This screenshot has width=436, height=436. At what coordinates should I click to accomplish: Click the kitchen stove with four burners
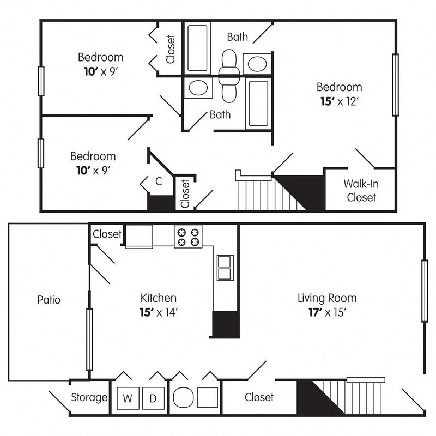coord(188,236)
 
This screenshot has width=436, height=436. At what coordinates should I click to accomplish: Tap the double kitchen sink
coord(224,267)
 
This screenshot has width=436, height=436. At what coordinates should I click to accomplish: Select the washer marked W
coord(127,398)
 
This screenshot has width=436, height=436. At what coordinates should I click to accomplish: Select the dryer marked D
coord(153,398)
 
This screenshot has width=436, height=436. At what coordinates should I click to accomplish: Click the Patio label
coord(49,299)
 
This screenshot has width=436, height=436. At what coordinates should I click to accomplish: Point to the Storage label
coord(89,397)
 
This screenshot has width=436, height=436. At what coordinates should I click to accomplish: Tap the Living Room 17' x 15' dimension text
coord(327,312)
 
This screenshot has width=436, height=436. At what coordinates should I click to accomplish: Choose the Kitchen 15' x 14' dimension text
coord(159,312)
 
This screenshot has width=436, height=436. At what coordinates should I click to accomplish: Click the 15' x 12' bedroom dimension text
coord(340,101)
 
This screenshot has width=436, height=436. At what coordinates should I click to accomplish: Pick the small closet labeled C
coord(158,181)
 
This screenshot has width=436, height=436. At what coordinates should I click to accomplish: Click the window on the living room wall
coord(423,292)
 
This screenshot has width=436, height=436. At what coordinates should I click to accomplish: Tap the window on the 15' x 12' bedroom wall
coord(396,84)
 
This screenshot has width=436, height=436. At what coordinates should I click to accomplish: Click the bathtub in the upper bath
coord(197,47)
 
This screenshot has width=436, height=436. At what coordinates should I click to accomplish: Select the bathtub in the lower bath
coord(258,103)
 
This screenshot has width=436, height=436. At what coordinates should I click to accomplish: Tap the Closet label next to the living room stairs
coord(259,397)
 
